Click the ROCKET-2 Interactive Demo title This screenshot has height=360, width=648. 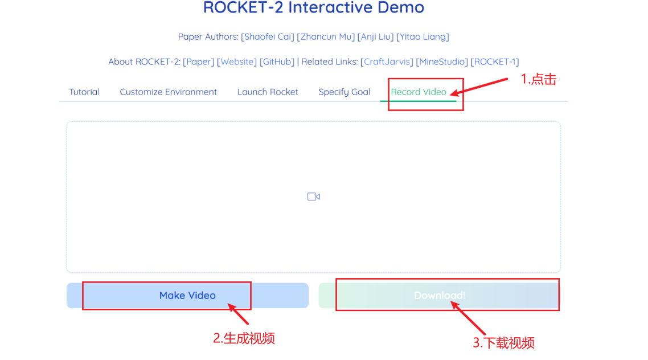(x=314, y=8)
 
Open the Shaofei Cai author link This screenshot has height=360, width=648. (x=268, y=37)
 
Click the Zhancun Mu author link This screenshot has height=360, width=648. (x=326, y=37)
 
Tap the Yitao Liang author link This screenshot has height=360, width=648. (x=423, y=37)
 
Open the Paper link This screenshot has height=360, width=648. (x=199, y=62)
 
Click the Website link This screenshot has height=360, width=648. (x=237, y=62)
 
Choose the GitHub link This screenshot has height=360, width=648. (x=277, y=62)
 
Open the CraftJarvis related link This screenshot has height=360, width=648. (x=387, y=62)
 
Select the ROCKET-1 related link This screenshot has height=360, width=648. (x=495, y=62)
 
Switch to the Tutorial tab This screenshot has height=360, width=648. (x=84, y=92)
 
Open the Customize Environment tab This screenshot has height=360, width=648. (x=168, y=92)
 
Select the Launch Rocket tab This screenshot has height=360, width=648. (x=268, y=92)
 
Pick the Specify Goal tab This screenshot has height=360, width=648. (x=344, y=92)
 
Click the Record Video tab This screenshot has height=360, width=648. (x=419, y=92)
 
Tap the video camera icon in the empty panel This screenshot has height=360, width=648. (x=313, y=197)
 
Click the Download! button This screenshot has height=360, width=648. (x=439, y=296)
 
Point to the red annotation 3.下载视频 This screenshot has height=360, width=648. (x=503, y=343)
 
